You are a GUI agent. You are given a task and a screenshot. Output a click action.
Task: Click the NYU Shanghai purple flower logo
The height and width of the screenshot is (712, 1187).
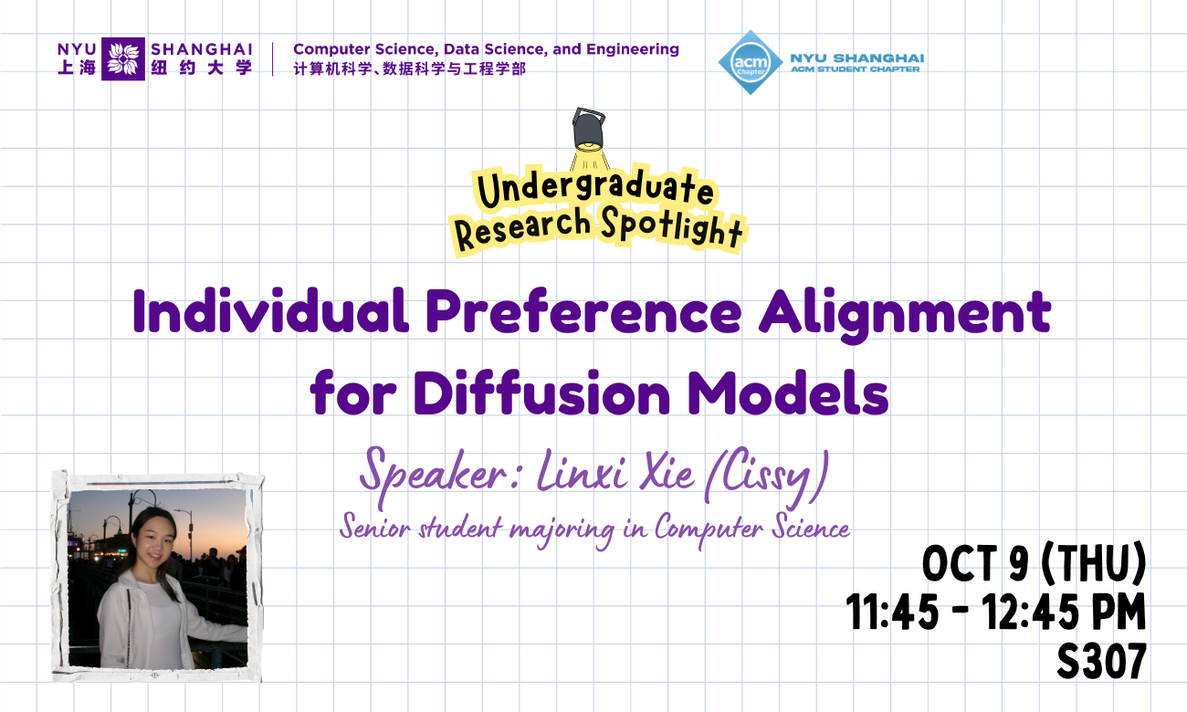123,59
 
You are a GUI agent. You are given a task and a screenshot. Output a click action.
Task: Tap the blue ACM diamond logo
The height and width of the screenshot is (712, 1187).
751,62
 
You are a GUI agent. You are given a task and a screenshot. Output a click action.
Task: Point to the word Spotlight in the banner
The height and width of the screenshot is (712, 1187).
672,227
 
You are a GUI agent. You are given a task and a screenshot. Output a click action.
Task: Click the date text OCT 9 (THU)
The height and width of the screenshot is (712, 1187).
1033,565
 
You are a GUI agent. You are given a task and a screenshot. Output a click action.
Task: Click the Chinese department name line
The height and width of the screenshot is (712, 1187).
409,69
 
